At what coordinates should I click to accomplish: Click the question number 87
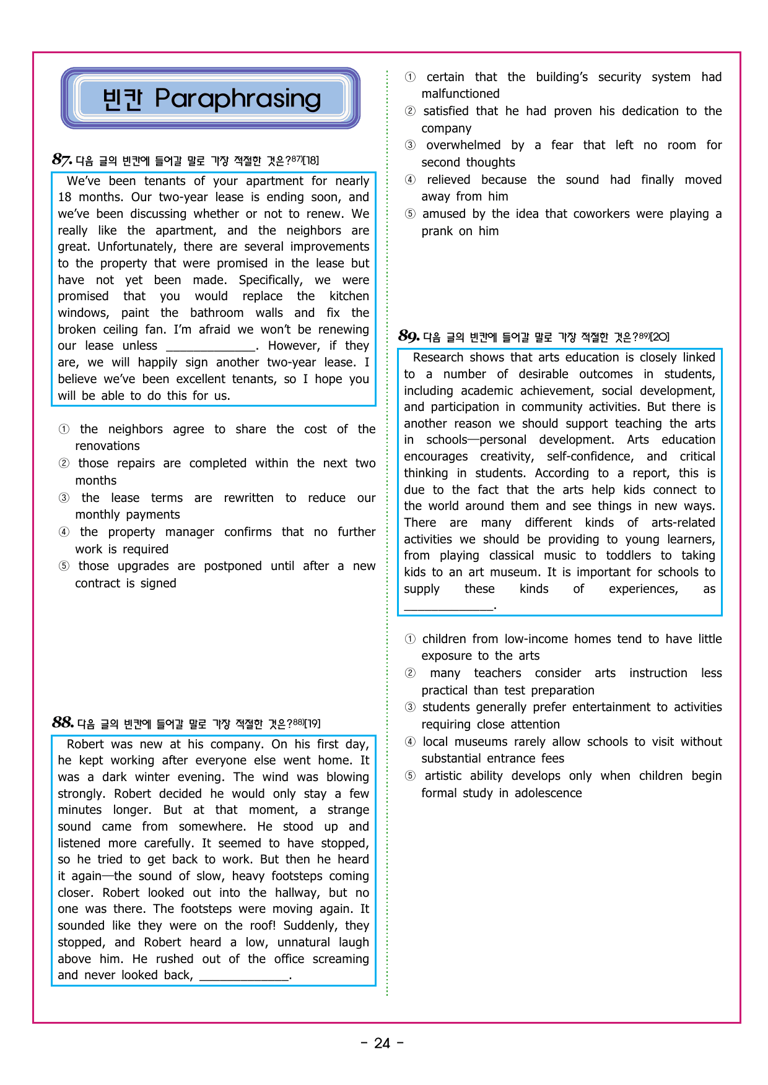pyautogui.click(x=62, y=160)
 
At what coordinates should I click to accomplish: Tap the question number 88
pyautogui.click(x=63, y=722)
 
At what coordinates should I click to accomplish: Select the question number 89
pyautogui.click(x=409, y=336)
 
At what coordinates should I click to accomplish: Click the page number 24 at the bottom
pyautogui.click(x=382, y=1044)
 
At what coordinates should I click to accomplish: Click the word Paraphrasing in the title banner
pyautogui.click(x=238, y=98)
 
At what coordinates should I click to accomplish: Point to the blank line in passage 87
pyautogui.click(x=211, y=347)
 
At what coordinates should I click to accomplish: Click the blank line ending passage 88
pyautogui.click(x=244, y=977)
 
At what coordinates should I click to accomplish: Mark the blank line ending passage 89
pyautogui.click(x=448, y=607)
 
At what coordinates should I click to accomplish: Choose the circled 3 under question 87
pyautogui.click(x=64, y=498)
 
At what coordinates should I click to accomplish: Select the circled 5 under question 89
pyautogui.click(x=410, y=776)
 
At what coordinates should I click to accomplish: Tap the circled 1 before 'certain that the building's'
pyautogui.click(x=410, y=77)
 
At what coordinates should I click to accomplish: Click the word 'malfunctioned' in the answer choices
pyautogui.click(x=460, y=94)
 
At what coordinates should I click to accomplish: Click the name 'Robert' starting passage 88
pyautogui.click(x=86, y=744)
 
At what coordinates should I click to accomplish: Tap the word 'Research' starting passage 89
pyautogui.click(x=438, y=358)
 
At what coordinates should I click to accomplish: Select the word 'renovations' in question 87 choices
pyautogui.click(x=107, y=446)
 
